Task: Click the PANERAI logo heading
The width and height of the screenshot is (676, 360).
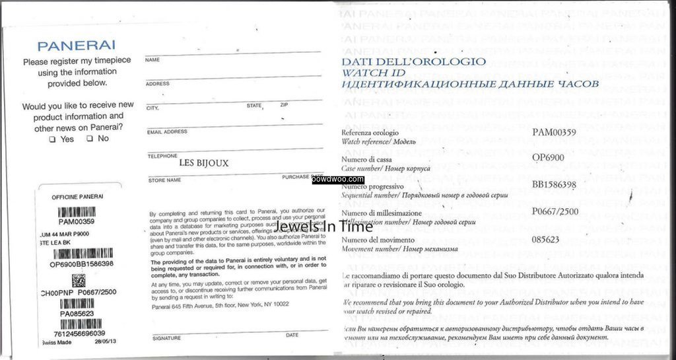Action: (77, 46)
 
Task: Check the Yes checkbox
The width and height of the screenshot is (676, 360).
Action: (52, 139)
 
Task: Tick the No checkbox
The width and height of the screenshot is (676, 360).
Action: (89, 139)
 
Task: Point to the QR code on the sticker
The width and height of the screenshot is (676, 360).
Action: (79, 279)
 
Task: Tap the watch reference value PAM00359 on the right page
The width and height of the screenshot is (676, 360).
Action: (554, 132)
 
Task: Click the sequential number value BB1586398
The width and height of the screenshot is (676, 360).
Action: (555, 184)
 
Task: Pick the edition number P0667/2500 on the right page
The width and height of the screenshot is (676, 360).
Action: (555, 211)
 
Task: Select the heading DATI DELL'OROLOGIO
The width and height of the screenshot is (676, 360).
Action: (413, 61)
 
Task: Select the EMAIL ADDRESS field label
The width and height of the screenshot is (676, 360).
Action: (167, 131)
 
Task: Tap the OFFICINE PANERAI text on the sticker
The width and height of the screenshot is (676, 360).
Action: (77, 197)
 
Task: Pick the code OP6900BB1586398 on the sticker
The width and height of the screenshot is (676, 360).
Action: (81, 264)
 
